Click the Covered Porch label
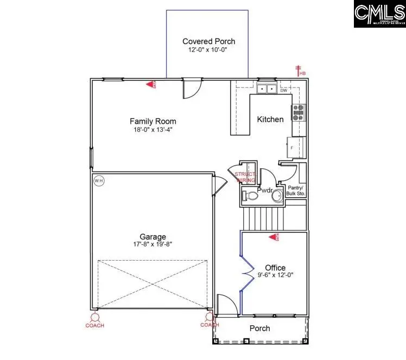[208, 41]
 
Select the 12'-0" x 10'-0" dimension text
[208, 50]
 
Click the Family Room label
[153, 121]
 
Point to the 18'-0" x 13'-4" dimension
[153, 129]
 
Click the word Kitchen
[270, 119]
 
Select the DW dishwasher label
[284, 90]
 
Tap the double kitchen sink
[267, 89]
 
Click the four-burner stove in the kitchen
[299, 112]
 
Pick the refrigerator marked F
[293, 147]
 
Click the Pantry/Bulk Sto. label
[295, 190]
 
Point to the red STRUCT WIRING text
[245, 176]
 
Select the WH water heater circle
[98, 181]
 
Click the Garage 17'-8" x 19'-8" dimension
[153, 245]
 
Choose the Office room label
[275, 268]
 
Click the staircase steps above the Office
[263, 219]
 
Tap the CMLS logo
[379, 15]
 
